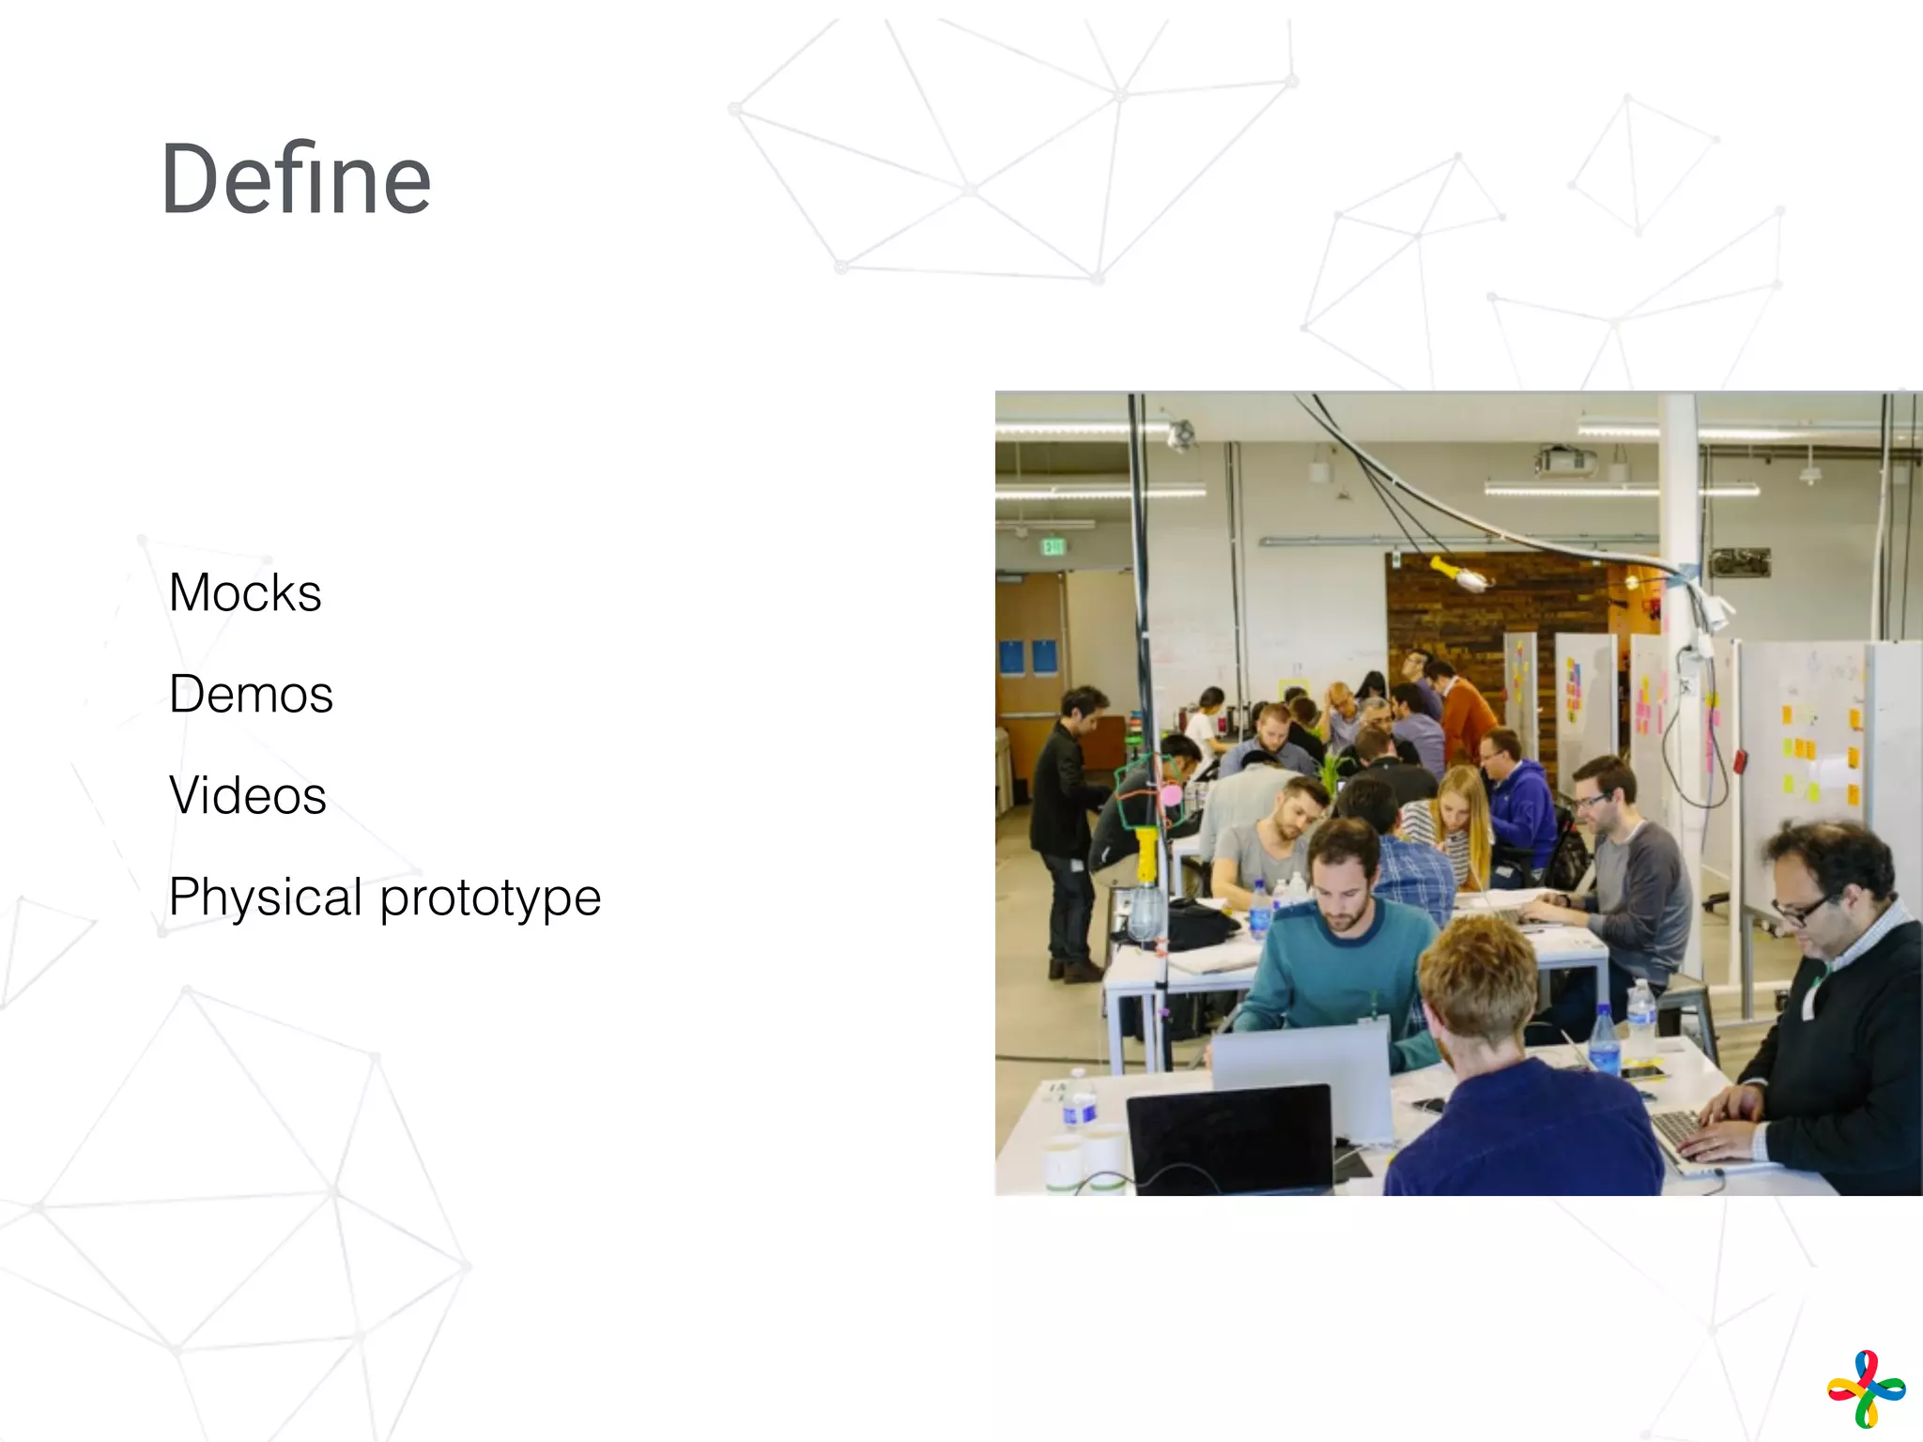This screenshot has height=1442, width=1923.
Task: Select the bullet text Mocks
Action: (245, 593)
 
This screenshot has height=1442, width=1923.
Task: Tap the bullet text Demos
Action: (251, 695)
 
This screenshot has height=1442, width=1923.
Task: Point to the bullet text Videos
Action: (248, 796)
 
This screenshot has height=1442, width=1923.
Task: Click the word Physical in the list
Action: (266, 897)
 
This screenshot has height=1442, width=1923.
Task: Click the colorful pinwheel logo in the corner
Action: (1866, 1388)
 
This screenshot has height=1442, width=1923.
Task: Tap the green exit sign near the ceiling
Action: (1053, 545)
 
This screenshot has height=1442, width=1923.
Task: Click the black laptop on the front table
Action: (1230, 1138)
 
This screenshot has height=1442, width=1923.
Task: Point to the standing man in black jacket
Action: (1070, 826)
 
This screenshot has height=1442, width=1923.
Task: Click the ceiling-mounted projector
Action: (1565, 460)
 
